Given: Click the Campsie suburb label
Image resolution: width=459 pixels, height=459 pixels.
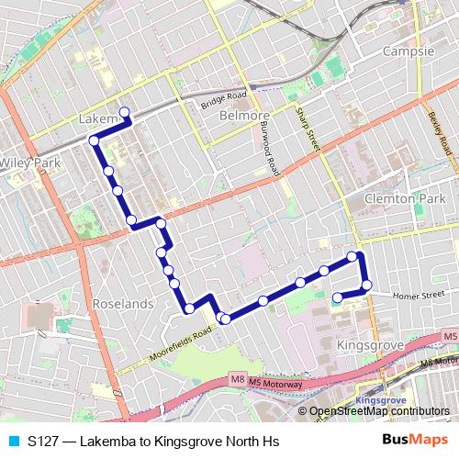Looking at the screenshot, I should click(409, 51).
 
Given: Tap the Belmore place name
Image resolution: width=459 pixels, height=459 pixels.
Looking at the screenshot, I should click(241, 116).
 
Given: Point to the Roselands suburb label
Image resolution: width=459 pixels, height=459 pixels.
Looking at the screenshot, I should click(122, 302).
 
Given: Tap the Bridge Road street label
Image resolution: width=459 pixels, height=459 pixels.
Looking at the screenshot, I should click(224, 100).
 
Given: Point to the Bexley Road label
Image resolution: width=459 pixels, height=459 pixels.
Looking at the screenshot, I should click(438, 132).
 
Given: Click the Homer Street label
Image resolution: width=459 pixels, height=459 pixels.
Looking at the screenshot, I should click(411, 296).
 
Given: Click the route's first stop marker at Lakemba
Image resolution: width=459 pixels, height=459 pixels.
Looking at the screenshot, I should click(124, 114).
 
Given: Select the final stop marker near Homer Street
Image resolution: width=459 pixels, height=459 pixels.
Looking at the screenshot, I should click(337, 297).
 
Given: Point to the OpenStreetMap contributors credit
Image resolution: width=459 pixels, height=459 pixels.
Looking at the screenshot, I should click(378, 412).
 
